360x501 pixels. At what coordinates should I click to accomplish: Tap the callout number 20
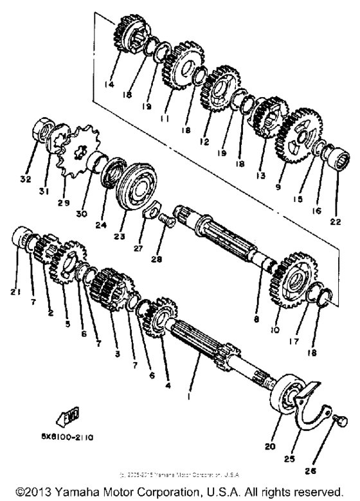279,444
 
